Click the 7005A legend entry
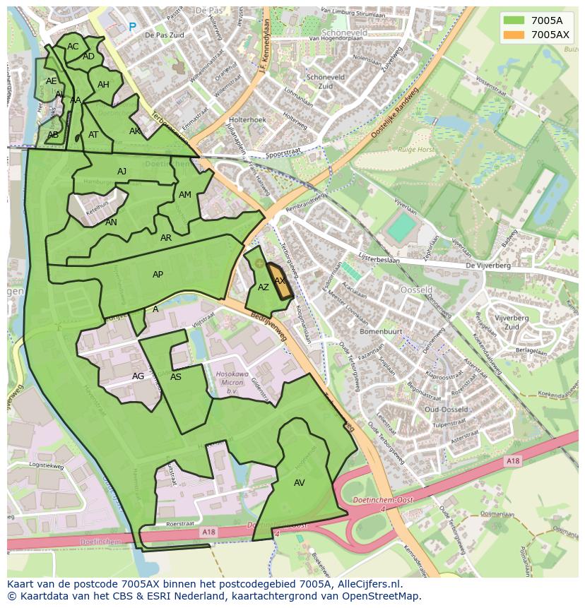point(536,20)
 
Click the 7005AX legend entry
point(536,35)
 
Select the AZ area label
point(264,287)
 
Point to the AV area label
point(299,482)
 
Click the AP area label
point(158,275)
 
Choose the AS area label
point(176,377)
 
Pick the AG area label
point(138,376)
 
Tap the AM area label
point(185,195)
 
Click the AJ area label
point(122,172)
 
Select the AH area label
point(103,85)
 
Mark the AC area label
point(73,47)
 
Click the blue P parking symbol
point(132,28)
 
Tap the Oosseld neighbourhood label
point(417,290)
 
